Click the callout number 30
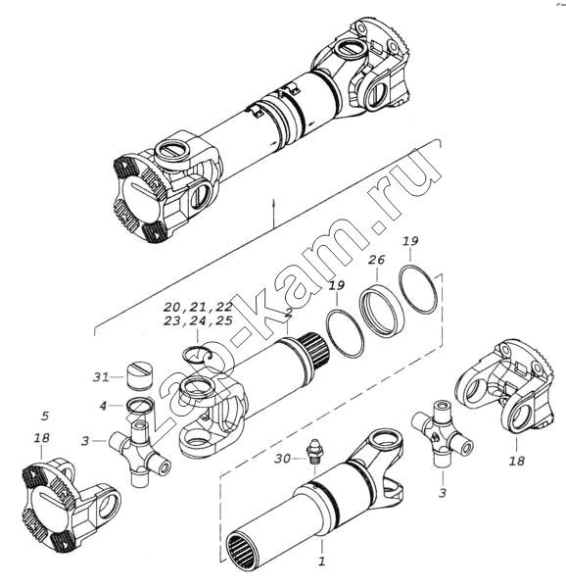282,459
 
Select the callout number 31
101,377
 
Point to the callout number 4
103,406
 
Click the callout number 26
376,260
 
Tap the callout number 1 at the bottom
322,561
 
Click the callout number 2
288,313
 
